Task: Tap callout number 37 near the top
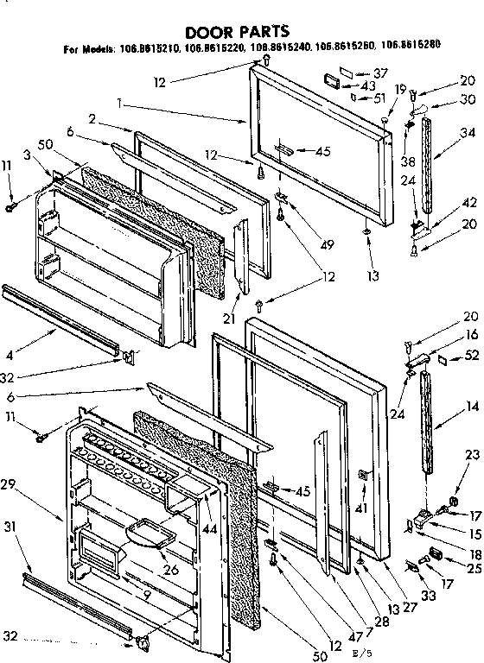click(381, 72)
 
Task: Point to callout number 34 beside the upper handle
click(445, 132)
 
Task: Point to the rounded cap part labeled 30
click(424, 107)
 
